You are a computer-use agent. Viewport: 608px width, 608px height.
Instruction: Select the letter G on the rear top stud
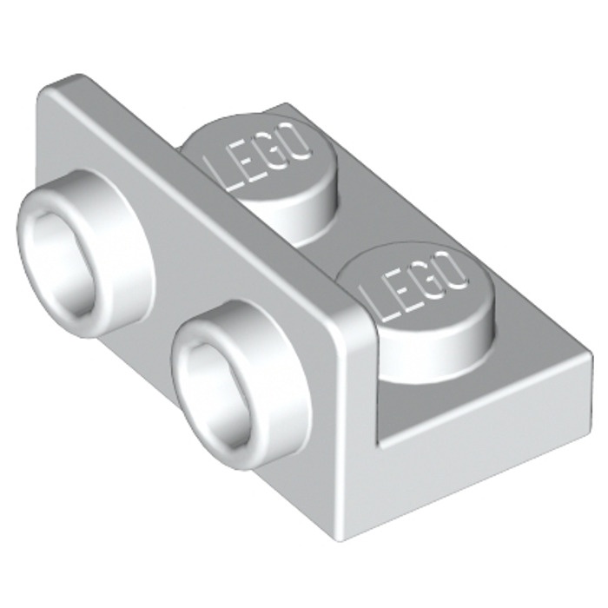tap(271, 154)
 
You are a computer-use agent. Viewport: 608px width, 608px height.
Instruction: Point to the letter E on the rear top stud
tap(242, 163)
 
